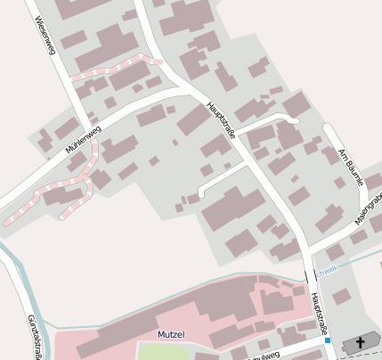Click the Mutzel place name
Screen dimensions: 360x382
coord(170,334)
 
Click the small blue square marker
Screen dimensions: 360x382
coord(328,340)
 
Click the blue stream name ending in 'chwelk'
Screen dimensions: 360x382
coord(327,269)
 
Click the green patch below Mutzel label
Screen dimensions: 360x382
coord(164,351)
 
